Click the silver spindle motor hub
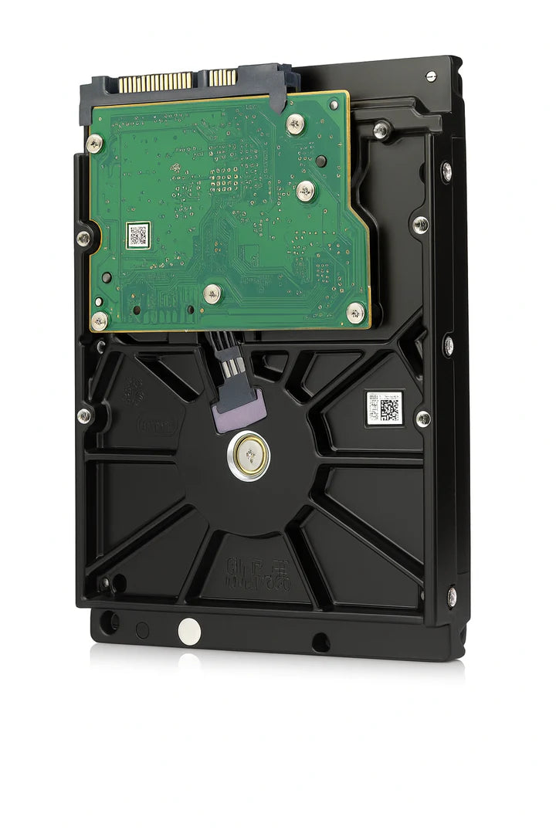249,456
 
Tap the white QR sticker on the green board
137,236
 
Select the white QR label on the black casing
385,407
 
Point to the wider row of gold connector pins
154,83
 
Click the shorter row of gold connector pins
222,77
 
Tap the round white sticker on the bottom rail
189,631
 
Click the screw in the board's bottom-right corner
354,312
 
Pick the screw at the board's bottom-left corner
100,320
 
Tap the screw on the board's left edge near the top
94,143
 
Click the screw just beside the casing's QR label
422,419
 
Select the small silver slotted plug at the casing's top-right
431,76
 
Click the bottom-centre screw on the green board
212,293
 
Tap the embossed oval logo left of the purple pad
158,425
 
